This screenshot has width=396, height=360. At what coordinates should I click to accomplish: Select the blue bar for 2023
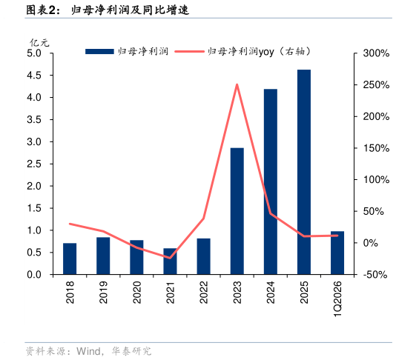237,211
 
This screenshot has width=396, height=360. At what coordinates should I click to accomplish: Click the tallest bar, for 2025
304,172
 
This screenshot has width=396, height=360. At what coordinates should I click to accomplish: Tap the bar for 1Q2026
337,253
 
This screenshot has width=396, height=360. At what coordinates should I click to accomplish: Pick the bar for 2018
70,259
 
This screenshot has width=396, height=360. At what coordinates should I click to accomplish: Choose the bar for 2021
171,261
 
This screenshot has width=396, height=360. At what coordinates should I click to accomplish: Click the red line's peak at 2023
237,84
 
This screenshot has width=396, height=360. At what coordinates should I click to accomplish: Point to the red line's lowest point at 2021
170,258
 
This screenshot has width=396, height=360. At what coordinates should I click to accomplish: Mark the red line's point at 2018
70,224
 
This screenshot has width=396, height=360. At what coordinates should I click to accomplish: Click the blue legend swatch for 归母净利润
100,51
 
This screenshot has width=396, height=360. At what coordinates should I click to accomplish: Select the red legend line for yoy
189,51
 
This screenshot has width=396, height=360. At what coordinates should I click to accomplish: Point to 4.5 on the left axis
34,76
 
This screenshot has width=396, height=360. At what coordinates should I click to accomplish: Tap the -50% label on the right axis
375,275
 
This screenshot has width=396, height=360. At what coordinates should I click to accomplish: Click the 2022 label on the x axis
203,293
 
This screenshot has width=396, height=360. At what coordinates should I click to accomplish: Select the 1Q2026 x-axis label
337,299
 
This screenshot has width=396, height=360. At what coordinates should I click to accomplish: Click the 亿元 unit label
39,43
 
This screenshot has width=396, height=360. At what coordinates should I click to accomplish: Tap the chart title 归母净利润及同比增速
131,10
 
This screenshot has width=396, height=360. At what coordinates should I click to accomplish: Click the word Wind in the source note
88,351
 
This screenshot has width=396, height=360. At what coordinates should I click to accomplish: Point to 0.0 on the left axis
34,275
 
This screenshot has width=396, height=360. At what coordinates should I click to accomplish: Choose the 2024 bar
271,181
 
